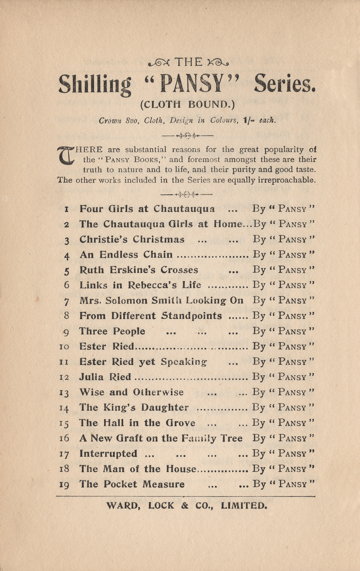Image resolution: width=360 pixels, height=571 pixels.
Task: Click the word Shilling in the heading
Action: (x=95, y=84)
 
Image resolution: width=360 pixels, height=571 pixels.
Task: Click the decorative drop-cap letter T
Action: (x=66, y=155)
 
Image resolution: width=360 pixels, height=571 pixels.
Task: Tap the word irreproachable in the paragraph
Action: (x=287, y=180)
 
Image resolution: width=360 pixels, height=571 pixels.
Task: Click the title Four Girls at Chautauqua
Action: (x=147, y=209)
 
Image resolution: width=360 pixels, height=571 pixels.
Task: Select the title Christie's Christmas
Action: (x=132, y=239)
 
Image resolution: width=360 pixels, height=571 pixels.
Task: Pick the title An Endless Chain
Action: (x=126, y=255)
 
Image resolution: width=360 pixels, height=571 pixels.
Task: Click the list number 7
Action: (x=67, y=301)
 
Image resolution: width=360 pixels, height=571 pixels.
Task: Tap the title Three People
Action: (x=112, y=331)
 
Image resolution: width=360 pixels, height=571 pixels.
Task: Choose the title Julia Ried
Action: (x=105, y=377)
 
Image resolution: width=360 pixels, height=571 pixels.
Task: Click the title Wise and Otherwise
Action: (x=131, y=392)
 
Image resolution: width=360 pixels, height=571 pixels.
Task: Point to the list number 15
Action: (x=64, y=423)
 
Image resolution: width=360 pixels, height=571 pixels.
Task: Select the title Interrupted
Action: (x=108, y=454)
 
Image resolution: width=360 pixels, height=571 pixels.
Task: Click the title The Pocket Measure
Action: (x=132, y=484)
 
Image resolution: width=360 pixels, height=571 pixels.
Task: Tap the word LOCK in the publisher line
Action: (x=161, y=506)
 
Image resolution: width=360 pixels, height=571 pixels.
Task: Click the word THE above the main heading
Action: (x=188, y=62)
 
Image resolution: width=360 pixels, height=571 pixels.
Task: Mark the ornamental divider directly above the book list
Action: (x=187, y=194)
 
